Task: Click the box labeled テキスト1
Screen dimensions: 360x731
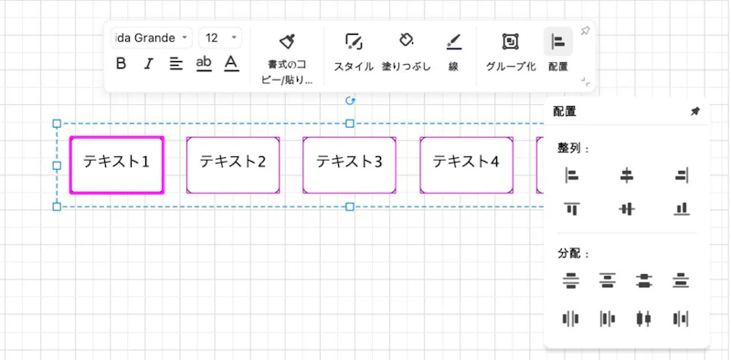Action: click(x=116, y=164)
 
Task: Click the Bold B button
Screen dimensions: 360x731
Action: click(x=122, y=64)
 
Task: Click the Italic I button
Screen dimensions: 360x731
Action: click(x=148, y=64)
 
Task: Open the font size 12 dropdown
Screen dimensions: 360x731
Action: click(x=220, y=38)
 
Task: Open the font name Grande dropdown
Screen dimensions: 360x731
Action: click(x=151, y=38)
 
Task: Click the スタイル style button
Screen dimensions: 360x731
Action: click(x=354, y=50)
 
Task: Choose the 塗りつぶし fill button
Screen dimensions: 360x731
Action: click(x=406, y=50)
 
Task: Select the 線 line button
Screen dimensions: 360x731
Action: click(x=453, y=50)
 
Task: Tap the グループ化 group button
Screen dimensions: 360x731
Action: click(x=511, y=50)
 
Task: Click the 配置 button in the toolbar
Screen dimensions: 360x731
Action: click(x=557, y=50)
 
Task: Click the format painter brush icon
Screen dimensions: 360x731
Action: click(x=287, y=41)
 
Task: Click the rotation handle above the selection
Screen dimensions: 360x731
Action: click(x=349, y=101)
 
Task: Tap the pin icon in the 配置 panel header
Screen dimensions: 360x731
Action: click(x=694, y=111)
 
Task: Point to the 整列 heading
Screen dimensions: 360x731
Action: click(x=574, y=148)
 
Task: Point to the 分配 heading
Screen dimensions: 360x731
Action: click(x=574, y=253)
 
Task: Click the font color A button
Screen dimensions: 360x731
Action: click(x=231, y=64)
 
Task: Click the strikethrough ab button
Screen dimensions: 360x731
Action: click(x=204, y=64)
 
